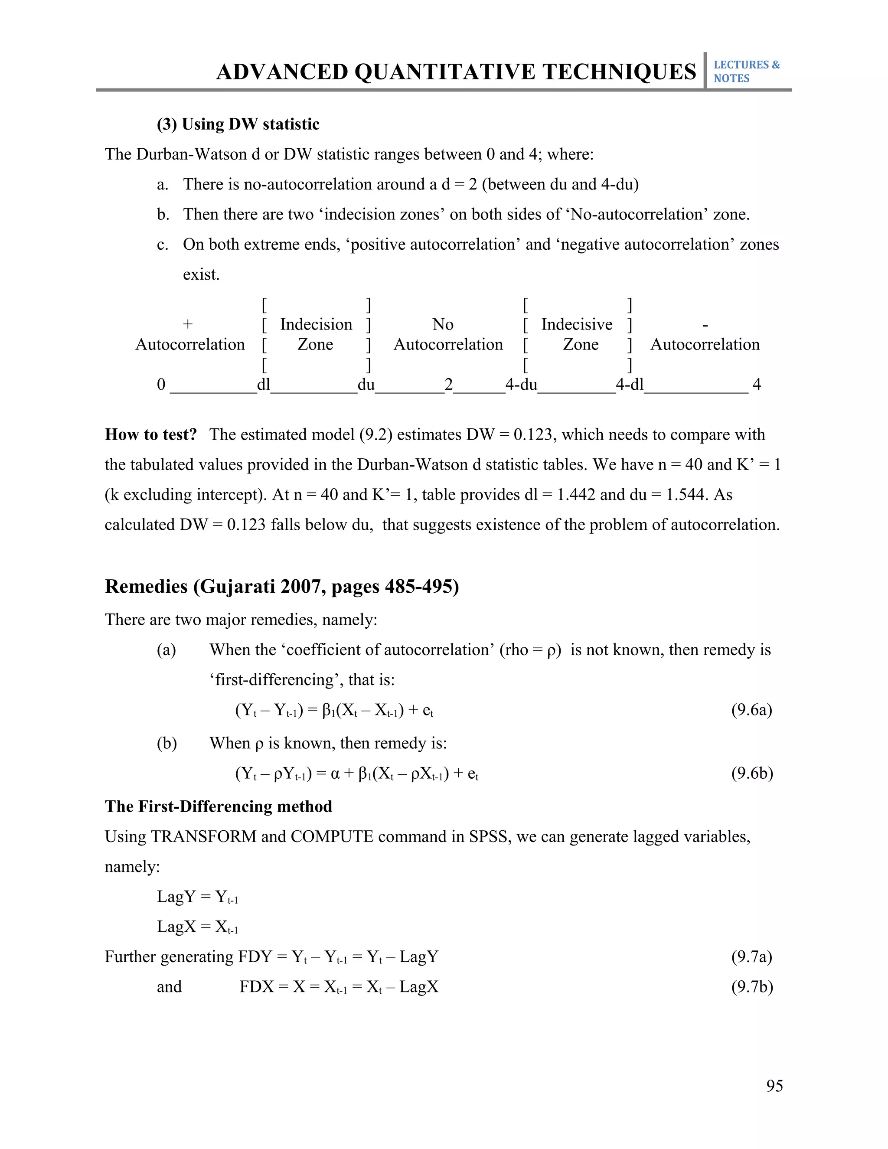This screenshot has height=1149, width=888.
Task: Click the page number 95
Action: coord(774,1086)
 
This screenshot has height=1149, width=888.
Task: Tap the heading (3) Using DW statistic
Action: coord(238,124)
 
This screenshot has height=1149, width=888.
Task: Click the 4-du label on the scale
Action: coord(521,385)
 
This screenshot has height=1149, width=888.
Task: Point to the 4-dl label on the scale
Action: coord(629,385)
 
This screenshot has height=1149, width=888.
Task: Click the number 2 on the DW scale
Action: coord(448,385)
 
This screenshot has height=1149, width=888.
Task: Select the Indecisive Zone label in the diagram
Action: coord(578,334)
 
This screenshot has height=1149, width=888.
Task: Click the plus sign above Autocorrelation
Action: coord(187,324)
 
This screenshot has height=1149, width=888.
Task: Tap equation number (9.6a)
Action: coord(751,710)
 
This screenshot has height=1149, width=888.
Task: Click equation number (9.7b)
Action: coord(752,986)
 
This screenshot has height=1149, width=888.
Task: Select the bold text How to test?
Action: coord(150,434)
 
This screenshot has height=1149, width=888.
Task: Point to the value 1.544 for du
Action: coord(686,495)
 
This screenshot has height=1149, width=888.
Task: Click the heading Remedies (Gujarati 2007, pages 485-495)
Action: coord(281,586)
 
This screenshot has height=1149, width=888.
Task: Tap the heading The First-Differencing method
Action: coord(219,806)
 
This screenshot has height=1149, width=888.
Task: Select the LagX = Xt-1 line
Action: coord(197,927)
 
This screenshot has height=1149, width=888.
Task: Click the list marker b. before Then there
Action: coord(163,215)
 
